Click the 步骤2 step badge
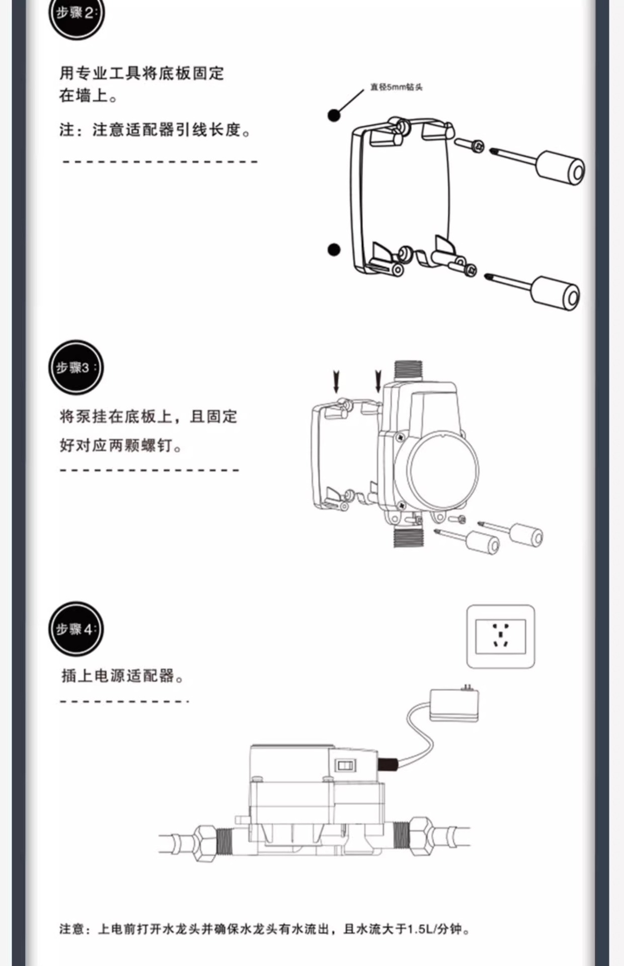point(76,14)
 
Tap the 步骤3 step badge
point(76,367)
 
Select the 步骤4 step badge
point(76,629)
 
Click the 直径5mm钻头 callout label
point(396,87)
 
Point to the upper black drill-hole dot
point(334,116)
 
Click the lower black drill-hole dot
point(334,250)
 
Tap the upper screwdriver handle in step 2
point(560,167)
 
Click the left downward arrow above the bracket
point(336,382)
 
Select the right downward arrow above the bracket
point(378,381)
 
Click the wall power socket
point(501,636)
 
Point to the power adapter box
point(454,705)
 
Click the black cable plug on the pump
point(387,765)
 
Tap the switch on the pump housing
point(345,766)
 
